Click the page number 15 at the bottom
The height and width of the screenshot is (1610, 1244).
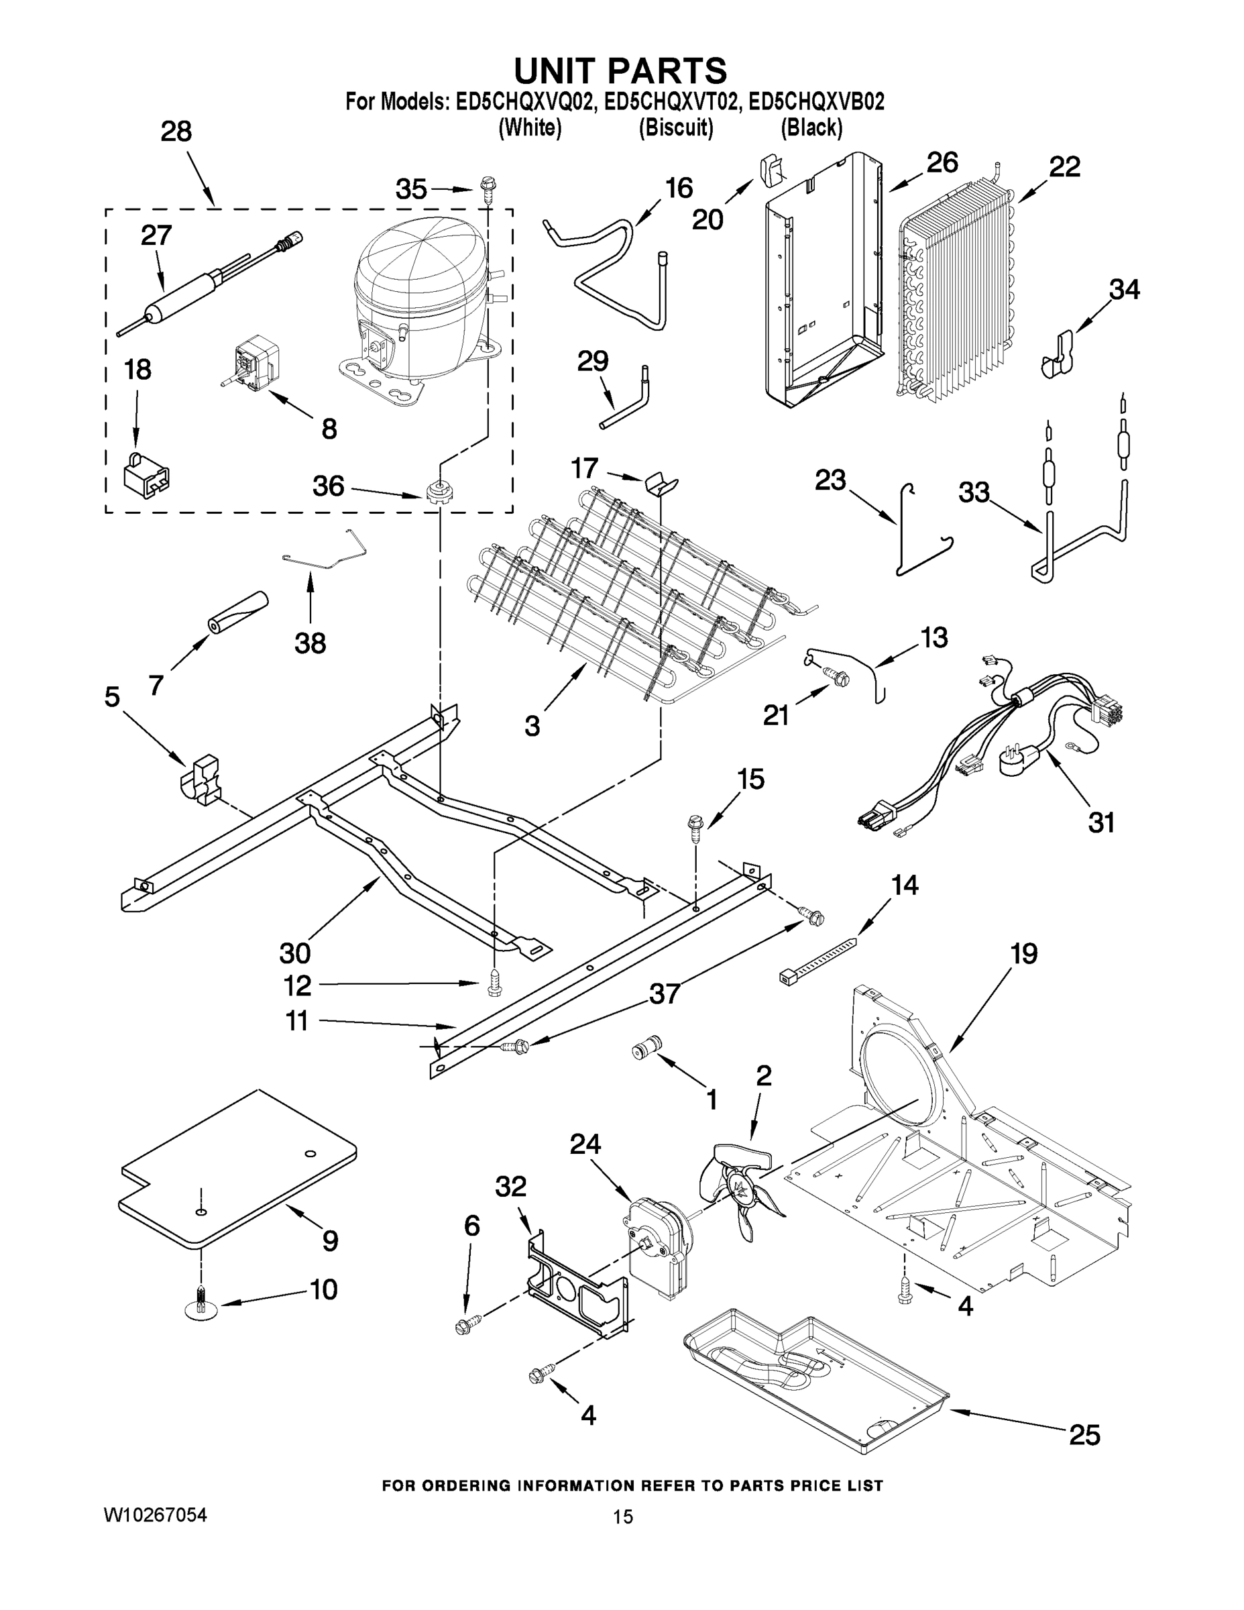click(623, 1532)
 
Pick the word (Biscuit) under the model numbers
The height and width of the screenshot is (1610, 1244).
click(675, 128)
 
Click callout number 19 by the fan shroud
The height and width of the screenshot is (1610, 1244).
click(1023, 954)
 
